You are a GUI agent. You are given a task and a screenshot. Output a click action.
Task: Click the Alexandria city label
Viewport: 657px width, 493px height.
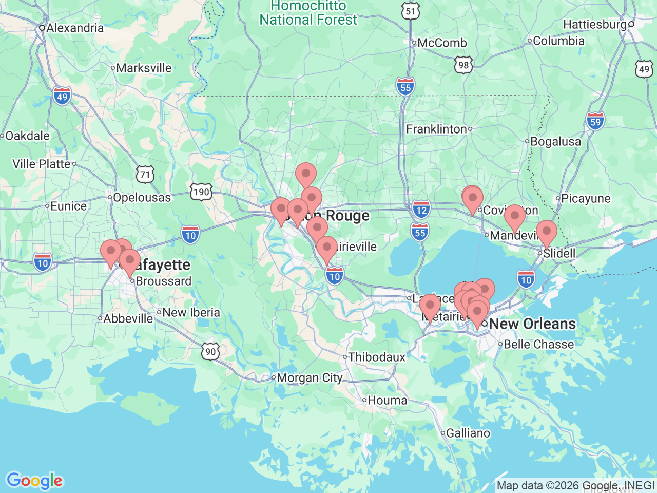[75, 28]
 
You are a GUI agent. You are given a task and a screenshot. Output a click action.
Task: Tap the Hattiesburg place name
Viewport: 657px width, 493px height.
[595, 24]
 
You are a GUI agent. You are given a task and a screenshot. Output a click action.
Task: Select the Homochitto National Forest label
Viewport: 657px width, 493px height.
[308, 13]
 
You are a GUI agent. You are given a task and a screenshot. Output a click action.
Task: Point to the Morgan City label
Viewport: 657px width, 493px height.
[310, 378]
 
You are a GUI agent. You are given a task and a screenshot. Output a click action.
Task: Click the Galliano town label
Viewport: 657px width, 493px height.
[468, 433]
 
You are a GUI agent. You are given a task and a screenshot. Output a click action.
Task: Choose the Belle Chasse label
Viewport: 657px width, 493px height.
[538, 344]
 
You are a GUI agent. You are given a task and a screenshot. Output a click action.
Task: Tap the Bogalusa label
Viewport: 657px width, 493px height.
[555, 141]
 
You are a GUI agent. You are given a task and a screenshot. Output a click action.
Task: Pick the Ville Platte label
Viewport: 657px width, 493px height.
[41, 164]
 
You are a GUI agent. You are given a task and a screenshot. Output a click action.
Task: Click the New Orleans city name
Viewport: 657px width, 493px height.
[532, 324]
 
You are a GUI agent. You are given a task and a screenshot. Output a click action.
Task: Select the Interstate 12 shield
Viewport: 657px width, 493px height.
[421, 209]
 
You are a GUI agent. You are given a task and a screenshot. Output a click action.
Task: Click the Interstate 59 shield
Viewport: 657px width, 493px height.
[595, 122]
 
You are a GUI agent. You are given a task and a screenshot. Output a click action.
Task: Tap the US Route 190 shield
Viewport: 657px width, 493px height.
[201, 192]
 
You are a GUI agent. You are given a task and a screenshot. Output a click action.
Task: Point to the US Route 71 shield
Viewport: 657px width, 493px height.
[146, 175]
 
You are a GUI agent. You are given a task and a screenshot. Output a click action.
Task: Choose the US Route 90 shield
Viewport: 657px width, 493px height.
[210, 352]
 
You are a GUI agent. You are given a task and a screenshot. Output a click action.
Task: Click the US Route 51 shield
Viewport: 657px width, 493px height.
[411, 11]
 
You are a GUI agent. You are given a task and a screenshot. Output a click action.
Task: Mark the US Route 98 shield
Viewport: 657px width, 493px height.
[463, 65]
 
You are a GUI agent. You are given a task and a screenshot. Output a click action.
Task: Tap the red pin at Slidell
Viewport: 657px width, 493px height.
[546, 232]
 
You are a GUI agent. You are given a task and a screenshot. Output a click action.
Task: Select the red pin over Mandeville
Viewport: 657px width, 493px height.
[514, 216]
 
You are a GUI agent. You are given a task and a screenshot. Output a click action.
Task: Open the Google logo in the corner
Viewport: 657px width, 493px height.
[34, 481]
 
